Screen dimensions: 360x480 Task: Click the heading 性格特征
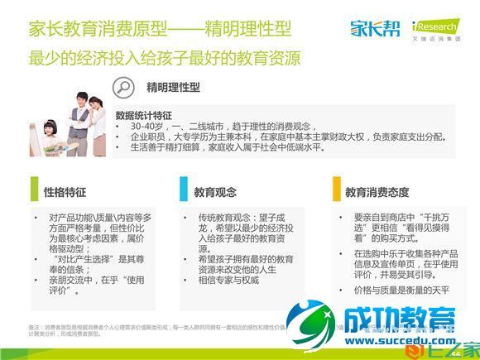[x=65, y=192]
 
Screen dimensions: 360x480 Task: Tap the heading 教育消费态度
[x=377, y=192]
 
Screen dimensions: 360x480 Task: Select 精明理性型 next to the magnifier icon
[x=173, y=87]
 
